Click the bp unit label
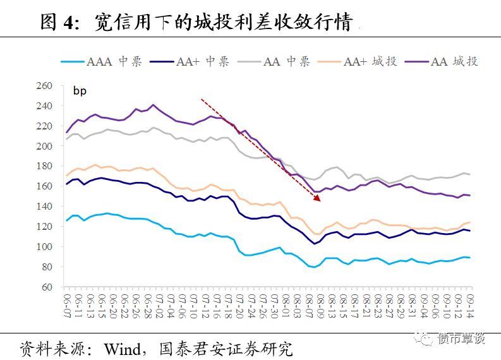(80, 91)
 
